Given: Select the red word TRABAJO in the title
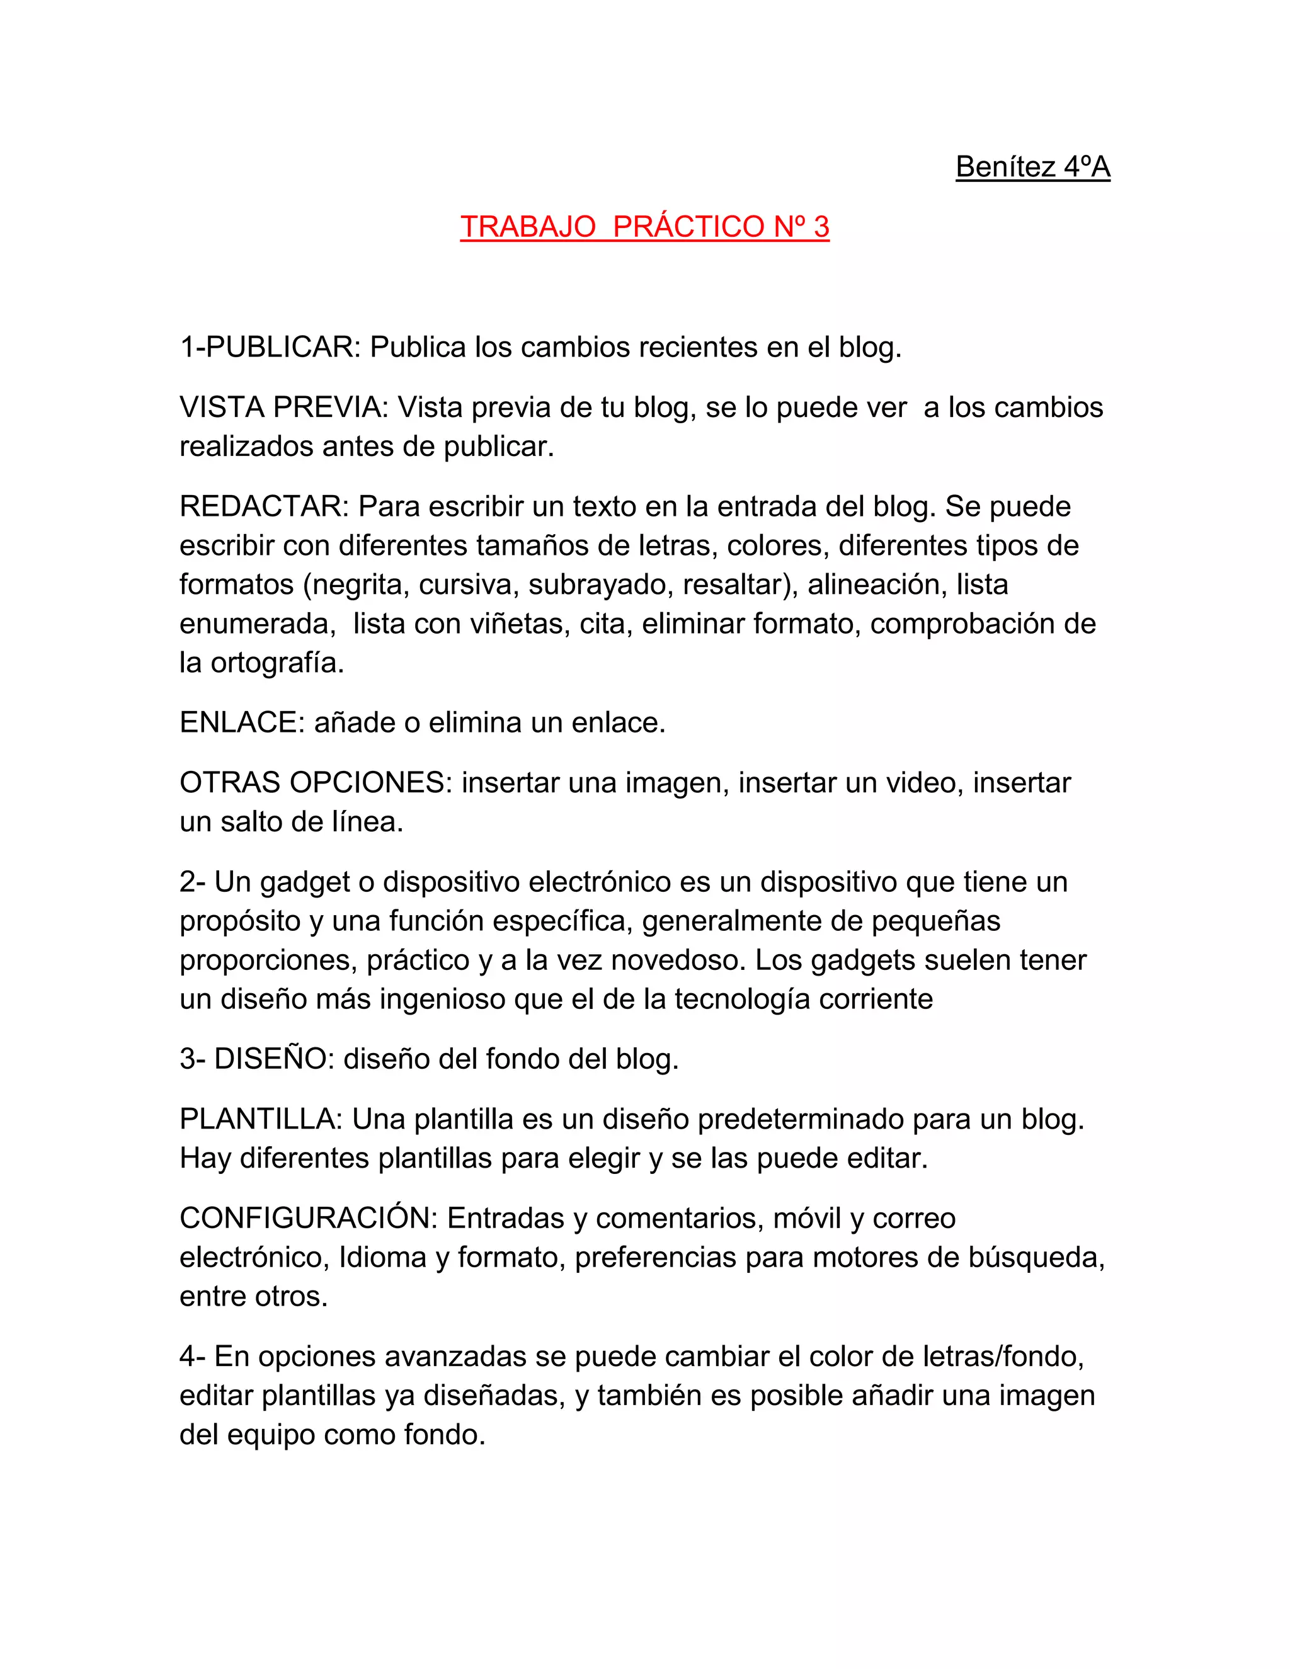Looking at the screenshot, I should tap(528, 227).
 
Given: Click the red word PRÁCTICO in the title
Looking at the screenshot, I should tap(688, 227).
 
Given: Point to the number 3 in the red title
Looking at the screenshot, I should tap(821, 227).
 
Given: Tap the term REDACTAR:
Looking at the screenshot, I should tap(265, 506).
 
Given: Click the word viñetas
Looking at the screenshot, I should tap(520, 624).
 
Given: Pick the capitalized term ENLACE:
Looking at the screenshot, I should tap(243, 722).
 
